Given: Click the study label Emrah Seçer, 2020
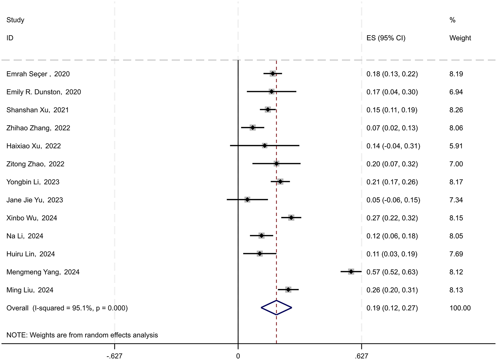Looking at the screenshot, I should click(x=38, y=74).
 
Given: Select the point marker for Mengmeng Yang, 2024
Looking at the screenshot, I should click(x=351, y=271).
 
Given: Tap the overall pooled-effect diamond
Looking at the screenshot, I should click(x=277, y=308).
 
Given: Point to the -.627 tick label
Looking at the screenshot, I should click(x=114, y=356).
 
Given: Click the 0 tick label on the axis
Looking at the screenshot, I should click(x=238, y=356).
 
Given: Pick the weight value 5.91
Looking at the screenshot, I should click(x=456, y=146).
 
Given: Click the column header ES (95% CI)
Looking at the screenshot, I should click(x=386, y=38).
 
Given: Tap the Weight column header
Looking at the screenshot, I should click(x=460, y=38).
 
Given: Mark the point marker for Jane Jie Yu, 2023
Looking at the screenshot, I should click(x=247, y=200).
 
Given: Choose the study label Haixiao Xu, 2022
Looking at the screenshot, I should click(x=34, y=146).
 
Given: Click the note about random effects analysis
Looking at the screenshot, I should click(x=82, y=335).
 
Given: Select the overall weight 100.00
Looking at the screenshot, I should click(x=460, y=308).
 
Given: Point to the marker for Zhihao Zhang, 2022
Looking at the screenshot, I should click(x=253, y=128).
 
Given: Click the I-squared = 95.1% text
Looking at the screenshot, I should click(x=62, y=308).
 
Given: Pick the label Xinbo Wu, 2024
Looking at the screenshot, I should click(x=32, y=218).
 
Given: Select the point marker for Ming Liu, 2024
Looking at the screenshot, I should click(x=288, y=290).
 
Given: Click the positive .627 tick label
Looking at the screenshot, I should click(x=361, y=356).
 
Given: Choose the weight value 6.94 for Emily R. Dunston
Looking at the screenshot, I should click(x=456, y=92).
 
